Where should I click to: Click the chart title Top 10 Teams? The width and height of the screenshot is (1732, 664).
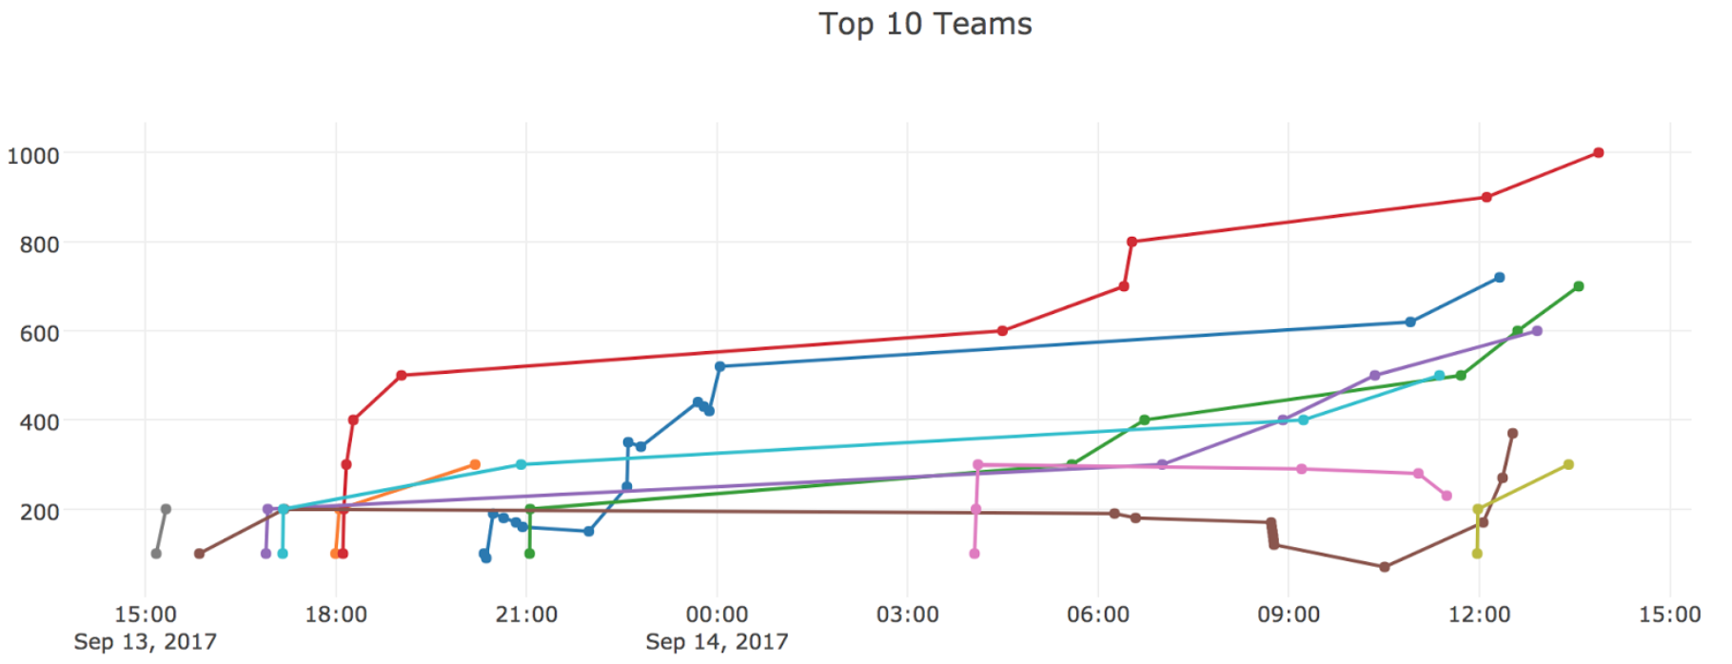(x=925, y=24)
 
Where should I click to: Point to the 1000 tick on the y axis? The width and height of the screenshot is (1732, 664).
(x=32, y=155)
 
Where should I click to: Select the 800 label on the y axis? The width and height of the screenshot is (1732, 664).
(x=39, y=244)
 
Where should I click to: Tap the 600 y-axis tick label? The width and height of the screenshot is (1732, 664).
(x=39, y=333)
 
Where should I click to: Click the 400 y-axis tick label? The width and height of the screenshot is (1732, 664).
(x=39, y=421)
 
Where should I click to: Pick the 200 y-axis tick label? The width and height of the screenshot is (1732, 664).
(x=39, y=511)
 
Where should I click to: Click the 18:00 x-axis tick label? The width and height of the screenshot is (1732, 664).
(x=336, y=615)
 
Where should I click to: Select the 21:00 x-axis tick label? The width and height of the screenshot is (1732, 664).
(x=526, y=615)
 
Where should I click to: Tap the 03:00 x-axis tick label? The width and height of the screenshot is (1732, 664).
(x=907, y=615)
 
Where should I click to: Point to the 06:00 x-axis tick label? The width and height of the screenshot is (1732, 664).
(x=1098, y=615)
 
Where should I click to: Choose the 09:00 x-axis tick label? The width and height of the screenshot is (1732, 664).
(x=1289, y=615)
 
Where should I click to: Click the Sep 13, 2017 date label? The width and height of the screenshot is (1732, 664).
(x=145, y=641)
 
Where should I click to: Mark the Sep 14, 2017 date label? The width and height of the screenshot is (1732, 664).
(x=717, y=641)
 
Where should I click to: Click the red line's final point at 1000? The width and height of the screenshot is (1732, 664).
(x=1599, y=153)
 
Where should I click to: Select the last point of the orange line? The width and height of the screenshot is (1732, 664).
(x=475, y=465)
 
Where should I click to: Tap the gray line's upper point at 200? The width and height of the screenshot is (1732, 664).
(x=166, y=509)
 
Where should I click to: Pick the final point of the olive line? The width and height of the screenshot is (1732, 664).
(x=1568, y=465)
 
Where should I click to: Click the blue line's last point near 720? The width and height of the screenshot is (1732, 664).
(x=1500, y=278)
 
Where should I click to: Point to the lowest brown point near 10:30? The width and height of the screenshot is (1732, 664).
(x=1385, y=567)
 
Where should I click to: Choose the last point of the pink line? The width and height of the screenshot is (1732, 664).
(x=1447, y=496)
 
